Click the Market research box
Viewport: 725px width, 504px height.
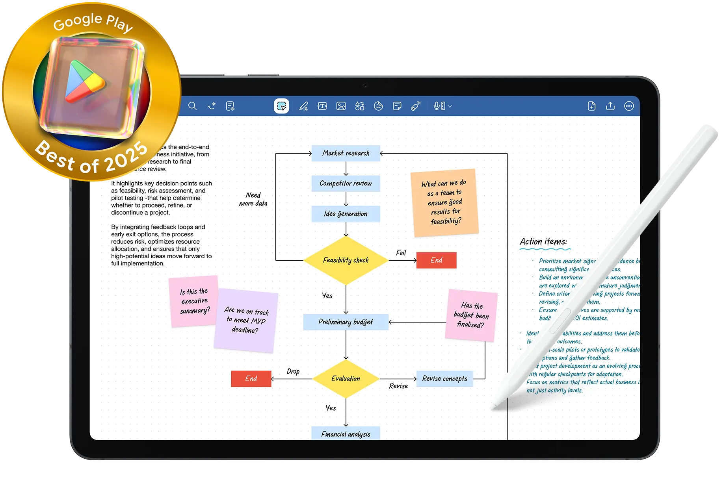pyautogui.click(x=346, y=153)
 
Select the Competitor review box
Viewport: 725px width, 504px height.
pyautogui.click(x=346, y=183)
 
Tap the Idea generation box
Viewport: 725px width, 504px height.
pyautogui.click(x=346, y=214)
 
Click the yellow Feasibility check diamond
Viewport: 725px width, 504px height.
pyautogui.click(x=346, y=260)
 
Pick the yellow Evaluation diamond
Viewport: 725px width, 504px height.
pyautogui.click(x=346, y=379)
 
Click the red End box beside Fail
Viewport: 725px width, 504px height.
pyautogui.click(x=436, y=260)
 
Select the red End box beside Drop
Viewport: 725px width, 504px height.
pyautogui.click(x=251, y=379)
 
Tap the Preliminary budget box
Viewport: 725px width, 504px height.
pyautogui.click(x=346, y=322)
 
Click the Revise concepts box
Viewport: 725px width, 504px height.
pyautogui.click(x=444, y=379)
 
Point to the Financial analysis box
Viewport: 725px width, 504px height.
pyautogui.click(x=346, y=434)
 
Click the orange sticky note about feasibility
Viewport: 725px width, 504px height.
pyautogui.click(x=444, y=203)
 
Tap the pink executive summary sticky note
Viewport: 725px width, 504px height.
pyautogui.click(x=193, y=301)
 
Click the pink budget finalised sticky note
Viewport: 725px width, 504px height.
pyautogui.click(x=471, y=315)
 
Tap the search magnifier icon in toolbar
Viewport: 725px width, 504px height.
pyautogui.click(x=192, y=106)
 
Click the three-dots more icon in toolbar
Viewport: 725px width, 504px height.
pyautogui.click(x=629, y=106)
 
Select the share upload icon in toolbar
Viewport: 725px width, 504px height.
pyautogui.click(x=610, y=106)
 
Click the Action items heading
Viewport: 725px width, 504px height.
pyautogui.click(x=543, y=242)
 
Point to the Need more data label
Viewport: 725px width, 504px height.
pyautogui.click(x=253, y=199)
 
